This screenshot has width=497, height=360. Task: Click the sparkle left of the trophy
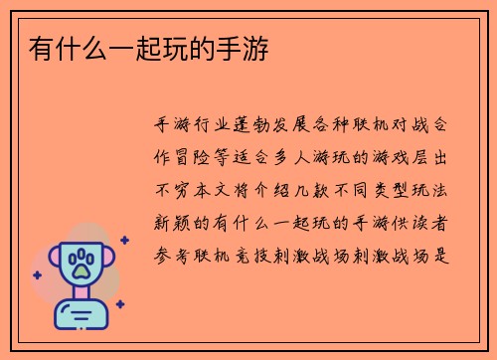(36, 274)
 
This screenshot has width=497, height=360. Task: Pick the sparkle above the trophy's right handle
(123, 240)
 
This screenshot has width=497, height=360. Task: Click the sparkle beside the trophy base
(120, 304)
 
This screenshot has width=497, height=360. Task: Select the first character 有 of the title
(40, 47)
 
